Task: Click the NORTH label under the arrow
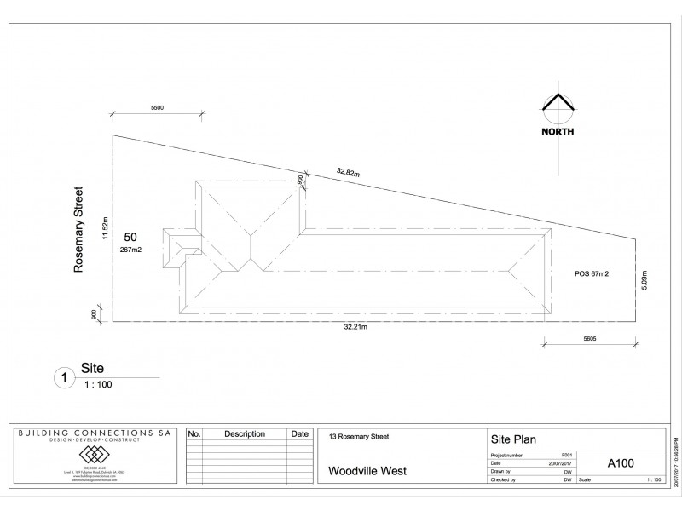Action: coord(558,132)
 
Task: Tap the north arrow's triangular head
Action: coord(558,104)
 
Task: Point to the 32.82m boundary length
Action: coord(347,173)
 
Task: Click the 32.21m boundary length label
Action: coord(355,326)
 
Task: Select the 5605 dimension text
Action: coord(590,338)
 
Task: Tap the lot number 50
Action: coord(130,237)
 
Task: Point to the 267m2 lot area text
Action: coord(130,250)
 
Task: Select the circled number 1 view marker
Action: coord(63,376)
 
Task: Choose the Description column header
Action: coord(245,433)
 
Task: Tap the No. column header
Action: coord(194,433)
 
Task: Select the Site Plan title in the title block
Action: coord(517,439)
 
